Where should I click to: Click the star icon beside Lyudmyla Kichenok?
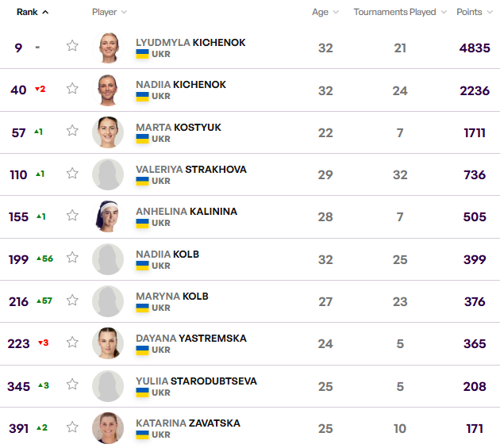[72, 46]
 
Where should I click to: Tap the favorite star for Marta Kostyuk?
[72, 131]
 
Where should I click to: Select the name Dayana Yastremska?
[190, 338]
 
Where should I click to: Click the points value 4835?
[475, 48]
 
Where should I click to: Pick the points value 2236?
[475, 90]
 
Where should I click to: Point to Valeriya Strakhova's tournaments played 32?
[400, 175]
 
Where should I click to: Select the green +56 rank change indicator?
[44, 258]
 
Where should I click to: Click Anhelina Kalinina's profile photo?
[108, 216]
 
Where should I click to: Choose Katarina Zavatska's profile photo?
[108, 428]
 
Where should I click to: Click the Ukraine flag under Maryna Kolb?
[143, 308]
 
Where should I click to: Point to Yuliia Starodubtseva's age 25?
[325, 386]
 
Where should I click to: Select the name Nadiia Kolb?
[167, 254]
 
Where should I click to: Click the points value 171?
[475, 429]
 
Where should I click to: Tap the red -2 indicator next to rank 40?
[40, 89]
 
